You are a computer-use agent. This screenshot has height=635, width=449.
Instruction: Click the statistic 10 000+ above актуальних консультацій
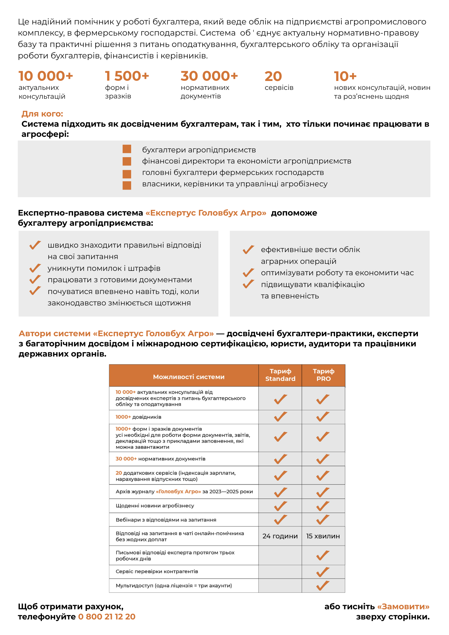tap(46, 76)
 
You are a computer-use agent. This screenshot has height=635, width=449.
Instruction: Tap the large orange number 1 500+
tap(127, 76)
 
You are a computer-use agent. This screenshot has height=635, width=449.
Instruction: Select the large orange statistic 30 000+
tap(209, 76)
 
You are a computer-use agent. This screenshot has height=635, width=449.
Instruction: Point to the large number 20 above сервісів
tap(273, 76)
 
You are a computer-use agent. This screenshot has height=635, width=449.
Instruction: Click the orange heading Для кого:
tap(42, 114)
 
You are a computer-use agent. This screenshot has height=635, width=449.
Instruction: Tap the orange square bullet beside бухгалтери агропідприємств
tap(127, 149)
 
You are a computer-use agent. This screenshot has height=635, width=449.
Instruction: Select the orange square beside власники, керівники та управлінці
tap(127, 185)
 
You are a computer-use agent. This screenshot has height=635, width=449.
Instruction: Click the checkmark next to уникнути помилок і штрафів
tap(35, 268)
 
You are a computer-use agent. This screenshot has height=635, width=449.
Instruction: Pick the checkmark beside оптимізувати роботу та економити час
tap(248, 273)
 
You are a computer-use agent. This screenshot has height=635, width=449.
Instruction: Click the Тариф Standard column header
tap(280, 375)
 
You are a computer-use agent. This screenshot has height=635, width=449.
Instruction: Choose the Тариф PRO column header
tap(323, 375)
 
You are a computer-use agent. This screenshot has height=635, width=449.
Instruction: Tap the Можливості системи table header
tap(189, 377)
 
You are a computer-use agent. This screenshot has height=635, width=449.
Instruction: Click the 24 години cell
tap(280, 536)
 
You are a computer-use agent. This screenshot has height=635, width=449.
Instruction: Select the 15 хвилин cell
tap(323, 536)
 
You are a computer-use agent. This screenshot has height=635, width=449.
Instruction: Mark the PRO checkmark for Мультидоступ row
tap(323, 585)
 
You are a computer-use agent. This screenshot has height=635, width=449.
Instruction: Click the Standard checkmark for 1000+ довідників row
tap(280, 417)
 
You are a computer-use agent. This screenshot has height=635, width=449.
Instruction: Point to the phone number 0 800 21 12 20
tap(107, 617)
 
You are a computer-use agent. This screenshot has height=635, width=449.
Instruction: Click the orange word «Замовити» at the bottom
tap(403, 606)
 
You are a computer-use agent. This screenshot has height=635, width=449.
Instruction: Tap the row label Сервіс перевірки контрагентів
tap(157, 571)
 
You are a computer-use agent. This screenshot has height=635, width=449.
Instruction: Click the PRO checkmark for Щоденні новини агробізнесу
tap(323, 506)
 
